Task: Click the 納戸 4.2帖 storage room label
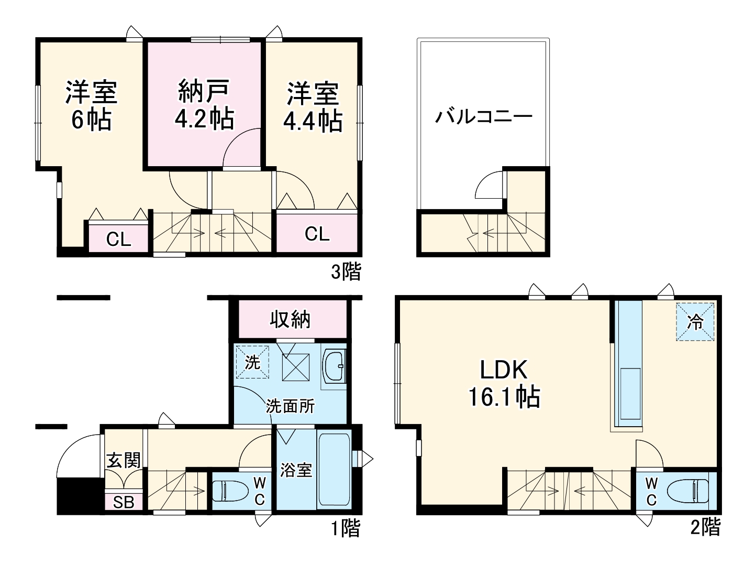pyautogui.click(x=204, y=105)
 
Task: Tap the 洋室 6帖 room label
pyautogui.click(x=91, y=106)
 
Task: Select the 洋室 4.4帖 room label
pyautogui.click(x=313, y=106)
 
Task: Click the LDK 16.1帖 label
pyautogui.click(x=504, y=383)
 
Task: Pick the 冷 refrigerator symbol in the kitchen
pyautogui.click(x=695, y=322)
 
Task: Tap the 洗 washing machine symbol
pyautogui.click(x=252, y=362)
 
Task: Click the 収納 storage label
pyautogui.click(x=291, y=319)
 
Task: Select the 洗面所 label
pyautogui.click(x=291, y=406)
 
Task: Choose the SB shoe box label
pyautogui.click(x=124, y=502)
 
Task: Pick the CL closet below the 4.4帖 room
pyautogui.click(x=317, y=234)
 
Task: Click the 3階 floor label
pyautogui.click(x=346, y=272)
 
